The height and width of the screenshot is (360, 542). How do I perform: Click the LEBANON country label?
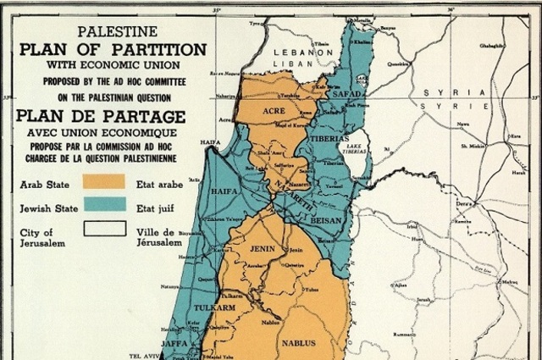pyautogui.click(x=301, y=52)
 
